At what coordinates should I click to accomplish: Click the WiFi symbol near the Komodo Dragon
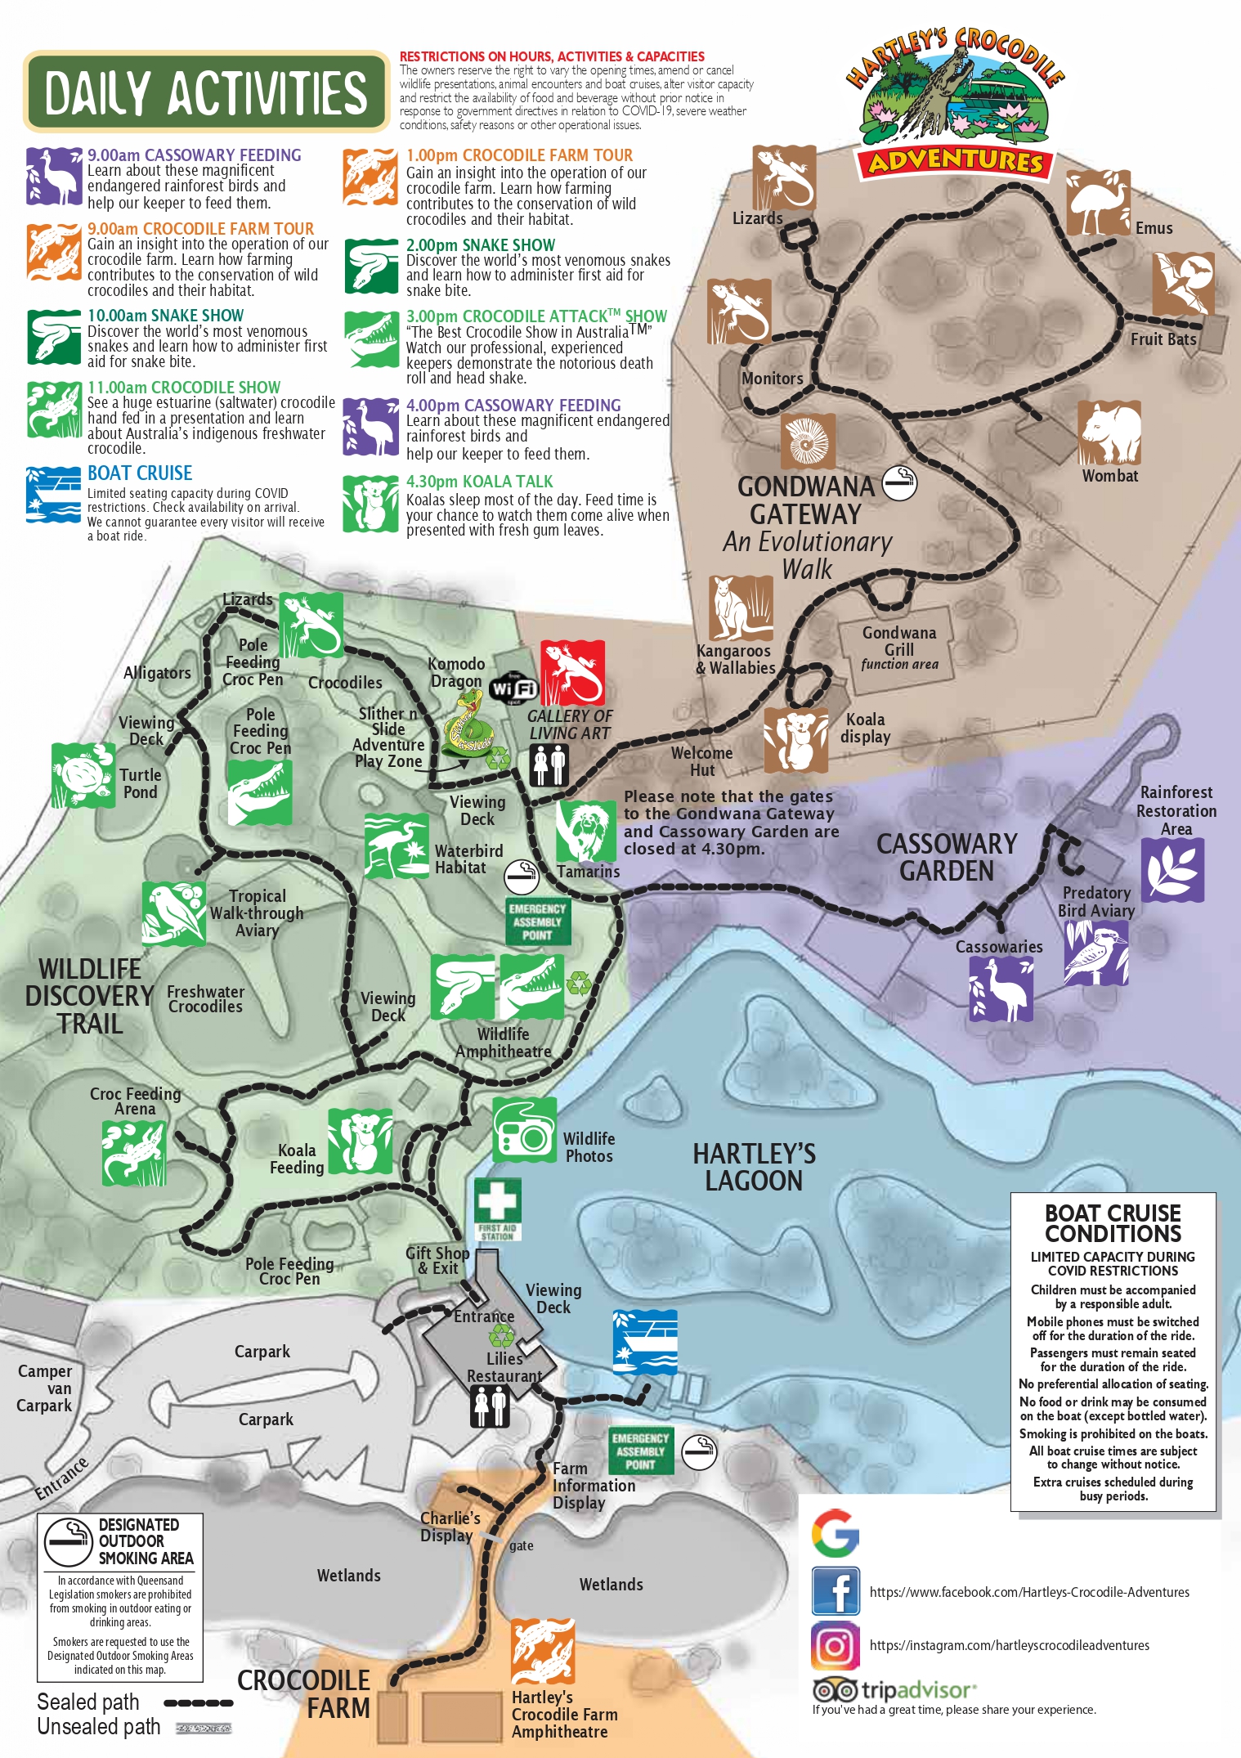[513, 688]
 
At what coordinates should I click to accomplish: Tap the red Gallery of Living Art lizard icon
[572, 672]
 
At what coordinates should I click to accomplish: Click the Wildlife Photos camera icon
[524, 1130]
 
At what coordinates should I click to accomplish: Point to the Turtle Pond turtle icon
[83, 775]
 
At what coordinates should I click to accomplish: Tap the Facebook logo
[835, 1591]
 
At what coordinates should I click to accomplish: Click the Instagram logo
[835, 1645]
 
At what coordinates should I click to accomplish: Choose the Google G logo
[835, 1533]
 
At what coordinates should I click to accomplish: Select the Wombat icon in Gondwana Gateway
[1109, 432]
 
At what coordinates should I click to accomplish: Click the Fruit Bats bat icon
[1183, 284]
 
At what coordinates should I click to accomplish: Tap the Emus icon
[1098, 203]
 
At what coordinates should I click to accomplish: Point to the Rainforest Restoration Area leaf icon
[1172, 870]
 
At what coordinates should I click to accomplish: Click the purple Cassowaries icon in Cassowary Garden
[1001, 989]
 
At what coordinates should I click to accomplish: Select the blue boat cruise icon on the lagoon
[645, 1342]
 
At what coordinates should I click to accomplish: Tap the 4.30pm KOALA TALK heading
[479, 482]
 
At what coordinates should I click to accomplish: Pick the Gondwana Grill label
[898, 641]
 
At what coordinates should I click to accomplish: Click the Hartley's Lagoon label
[754, 1167]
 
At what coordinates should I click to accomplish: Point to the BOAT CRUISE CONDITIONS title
[1113, 1223]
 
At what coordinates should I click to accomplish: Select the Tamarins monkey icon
[586, 831]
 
